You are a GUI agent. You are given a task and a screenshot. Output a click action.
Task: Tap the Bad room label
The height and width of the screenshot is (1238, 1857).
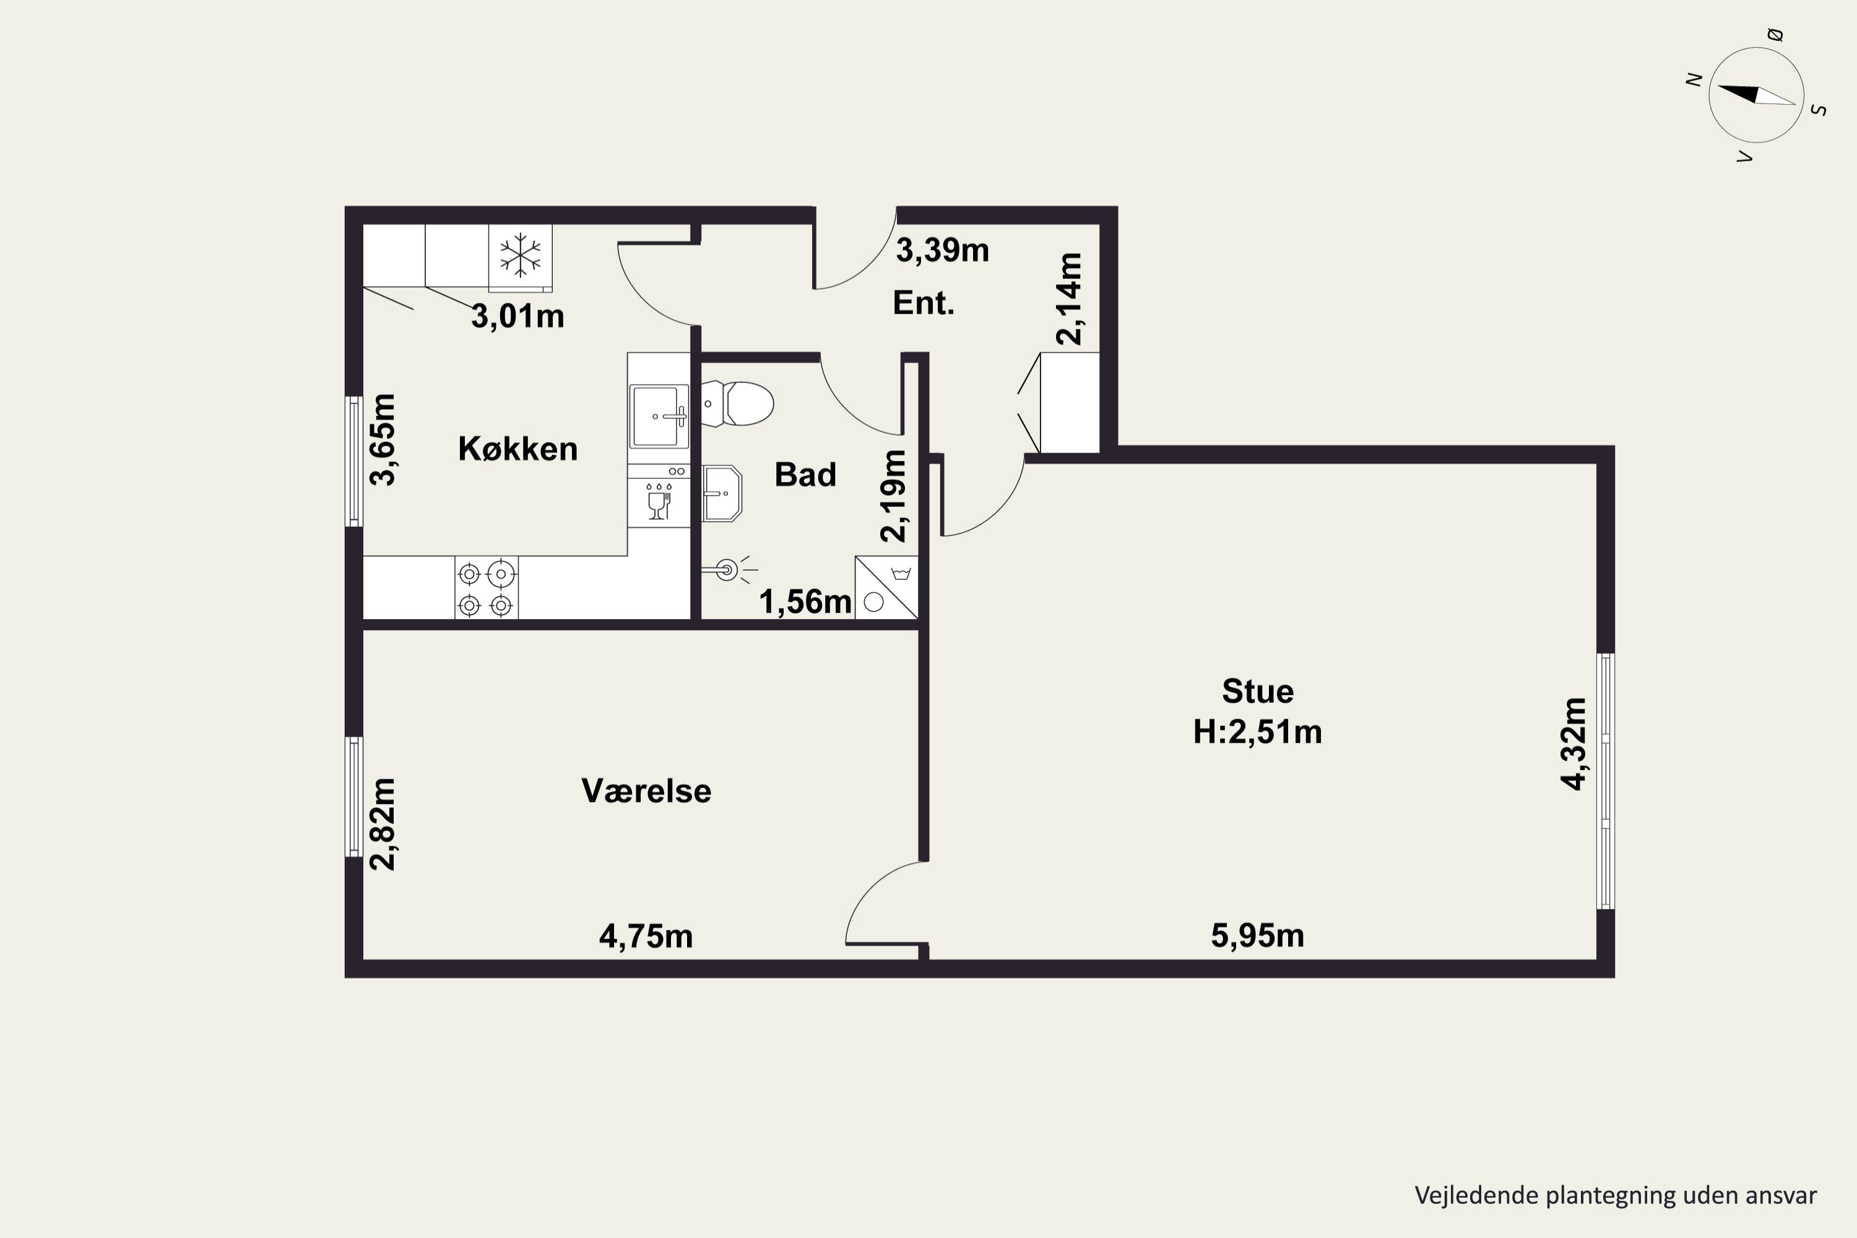click(x=805, y=475)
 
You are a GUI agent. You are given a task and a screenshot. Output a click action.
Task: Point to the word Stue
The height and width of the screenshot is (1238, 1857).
click(x=1258, y=691)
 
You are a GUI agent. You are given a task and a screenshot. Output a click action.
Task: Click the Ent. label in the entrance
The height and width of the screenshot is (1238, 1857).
click(x=923, y=303)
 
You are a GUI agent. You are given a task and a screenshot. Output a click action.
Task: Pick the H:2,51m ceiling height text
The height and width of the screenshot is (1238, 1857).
click(x=1257, y=732)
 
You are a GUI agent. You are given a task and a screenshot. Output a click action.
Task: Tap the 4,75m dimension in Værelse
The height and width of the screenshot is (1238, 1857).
click(x=646, y=937)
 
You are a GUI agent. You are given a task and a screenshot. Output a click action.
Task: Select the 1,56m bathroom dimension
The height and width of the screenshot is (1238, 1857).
click(x=805, y=602)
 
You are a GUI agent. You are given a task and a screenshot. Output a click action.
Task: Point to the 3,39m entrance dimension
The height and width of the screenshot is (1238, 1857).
click(x=942, y=250)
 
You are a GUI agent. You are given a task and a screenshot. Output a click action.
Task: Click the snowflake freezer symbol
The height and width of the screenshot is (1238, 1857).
click(x=521, y=255)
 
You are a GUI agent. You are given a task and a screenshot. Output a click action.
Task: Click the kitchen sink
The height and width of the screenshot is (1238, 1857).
click(x=659, y=416)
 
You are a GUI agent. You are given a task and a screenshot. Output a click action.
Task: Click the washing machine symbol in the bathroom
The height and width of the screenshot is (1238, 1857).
click(x=886, y=587)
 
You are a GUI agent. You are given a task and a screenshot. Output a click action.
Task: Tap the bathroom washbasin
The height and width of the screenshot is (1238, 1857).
click(x=722, y=493)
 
